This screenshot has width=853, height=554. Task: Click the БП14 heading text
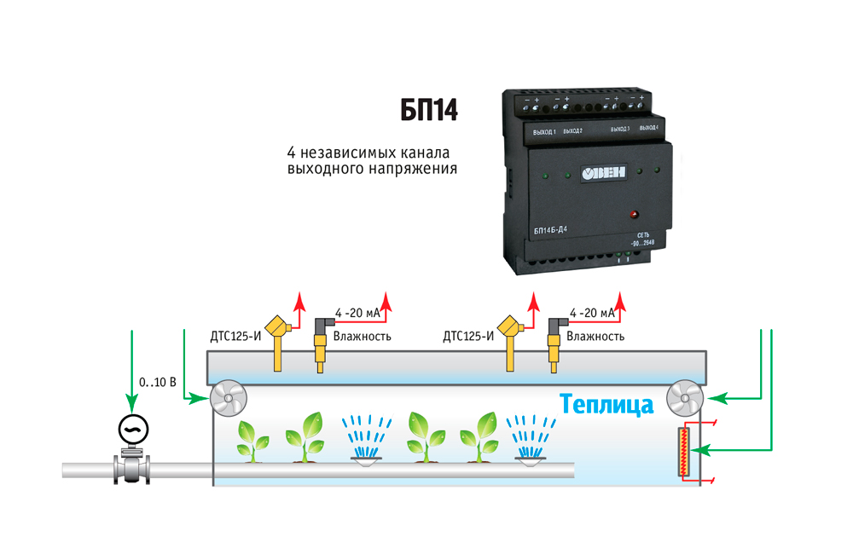pyautogui.click(x=429, y=111)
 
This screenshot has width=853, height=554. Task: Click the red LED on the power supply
pyautogui.click(x=633, y=213)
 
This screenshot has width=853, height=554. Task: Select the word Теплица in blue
pyautogui.click(x=607, y=403)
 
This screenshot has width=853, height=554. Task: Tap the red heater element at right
pyautogui.click(x=684, y=452)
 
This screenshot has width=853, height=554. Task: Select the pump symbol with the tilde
pyautogui.click(x=131, y=429)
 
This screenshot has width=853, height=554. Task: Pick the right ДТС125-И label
pyautogui.click(x=468, y=336)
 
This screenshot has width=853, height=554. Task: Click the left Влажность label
pyautogui.click(x=363, y=336)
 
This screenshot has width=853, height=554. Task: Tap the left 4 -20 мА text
pyautogui.click(x=357, y=314)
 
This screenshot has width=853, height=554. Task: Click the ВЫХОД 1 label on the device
pyautogui.click(x=544, y=132)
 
